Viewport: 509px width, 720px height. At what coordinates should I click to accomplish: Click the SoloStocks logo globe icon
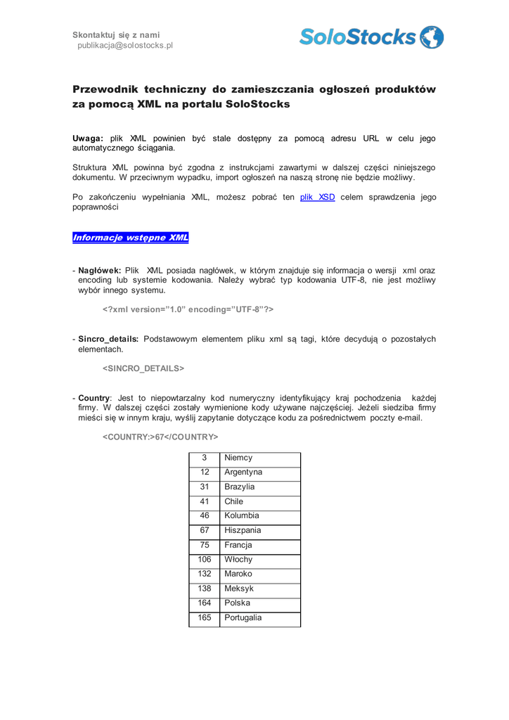coord(432,37)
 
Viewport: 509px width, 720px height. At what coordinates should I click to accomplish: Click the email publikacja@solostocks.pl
coord(125,46)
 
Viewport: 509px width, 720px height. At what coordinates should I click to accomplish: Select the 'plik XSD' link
coord(317,198)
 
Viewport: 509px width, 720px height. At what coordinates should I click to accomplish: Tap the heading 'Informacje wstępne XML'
coord(131,238)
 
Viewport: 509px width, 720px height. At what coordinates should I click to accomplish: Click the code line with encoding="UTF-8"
coord(188,309)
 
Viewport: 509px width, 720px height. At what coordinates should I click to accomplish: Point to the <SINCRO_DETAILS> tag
coord(143,368)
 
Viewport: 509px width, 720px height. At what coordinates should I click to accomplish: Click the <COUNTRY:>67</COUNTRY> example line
coord(160,437)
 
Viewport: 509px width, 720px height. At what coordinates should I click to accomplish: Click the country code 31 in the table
coord(205,487)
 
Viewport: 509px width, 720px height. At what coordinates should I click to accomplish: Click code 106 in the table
coord(205,560)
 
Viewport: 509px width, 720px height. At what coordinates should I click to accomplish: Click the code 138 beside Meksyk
coord(205,589)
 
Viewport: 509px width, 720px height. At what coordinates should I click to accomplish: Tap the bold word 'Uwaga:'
coord(88,139)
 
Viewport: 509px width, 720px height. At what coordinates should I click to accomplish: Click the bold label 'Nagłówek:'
coord(100,270)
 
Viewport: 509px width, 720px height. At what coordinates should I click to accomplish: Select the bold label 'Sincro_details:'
coord(108,339)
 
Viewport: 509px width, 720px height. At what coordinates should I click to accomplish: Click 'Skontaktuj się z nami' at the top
coord(116,34)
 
